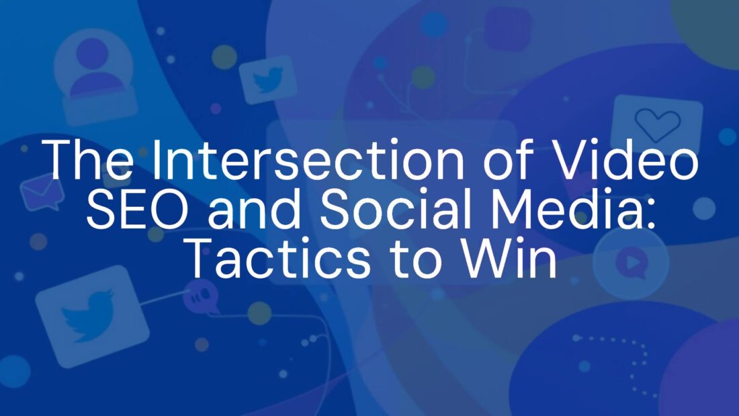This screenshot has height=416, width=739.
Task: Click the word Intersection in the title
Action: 308,159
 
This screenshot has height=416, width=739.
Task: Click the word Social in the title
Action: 396,208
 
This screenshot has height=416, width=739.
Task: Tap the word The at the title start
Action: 88,159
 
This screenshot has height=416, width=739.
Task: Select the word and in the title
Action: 255,208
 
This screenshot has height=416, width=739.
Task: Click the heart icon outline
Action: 658,124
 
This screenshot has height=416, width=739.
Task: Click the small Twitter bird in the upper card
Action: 268,79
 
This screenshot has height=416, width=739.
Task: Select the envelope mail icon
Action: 42,191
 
